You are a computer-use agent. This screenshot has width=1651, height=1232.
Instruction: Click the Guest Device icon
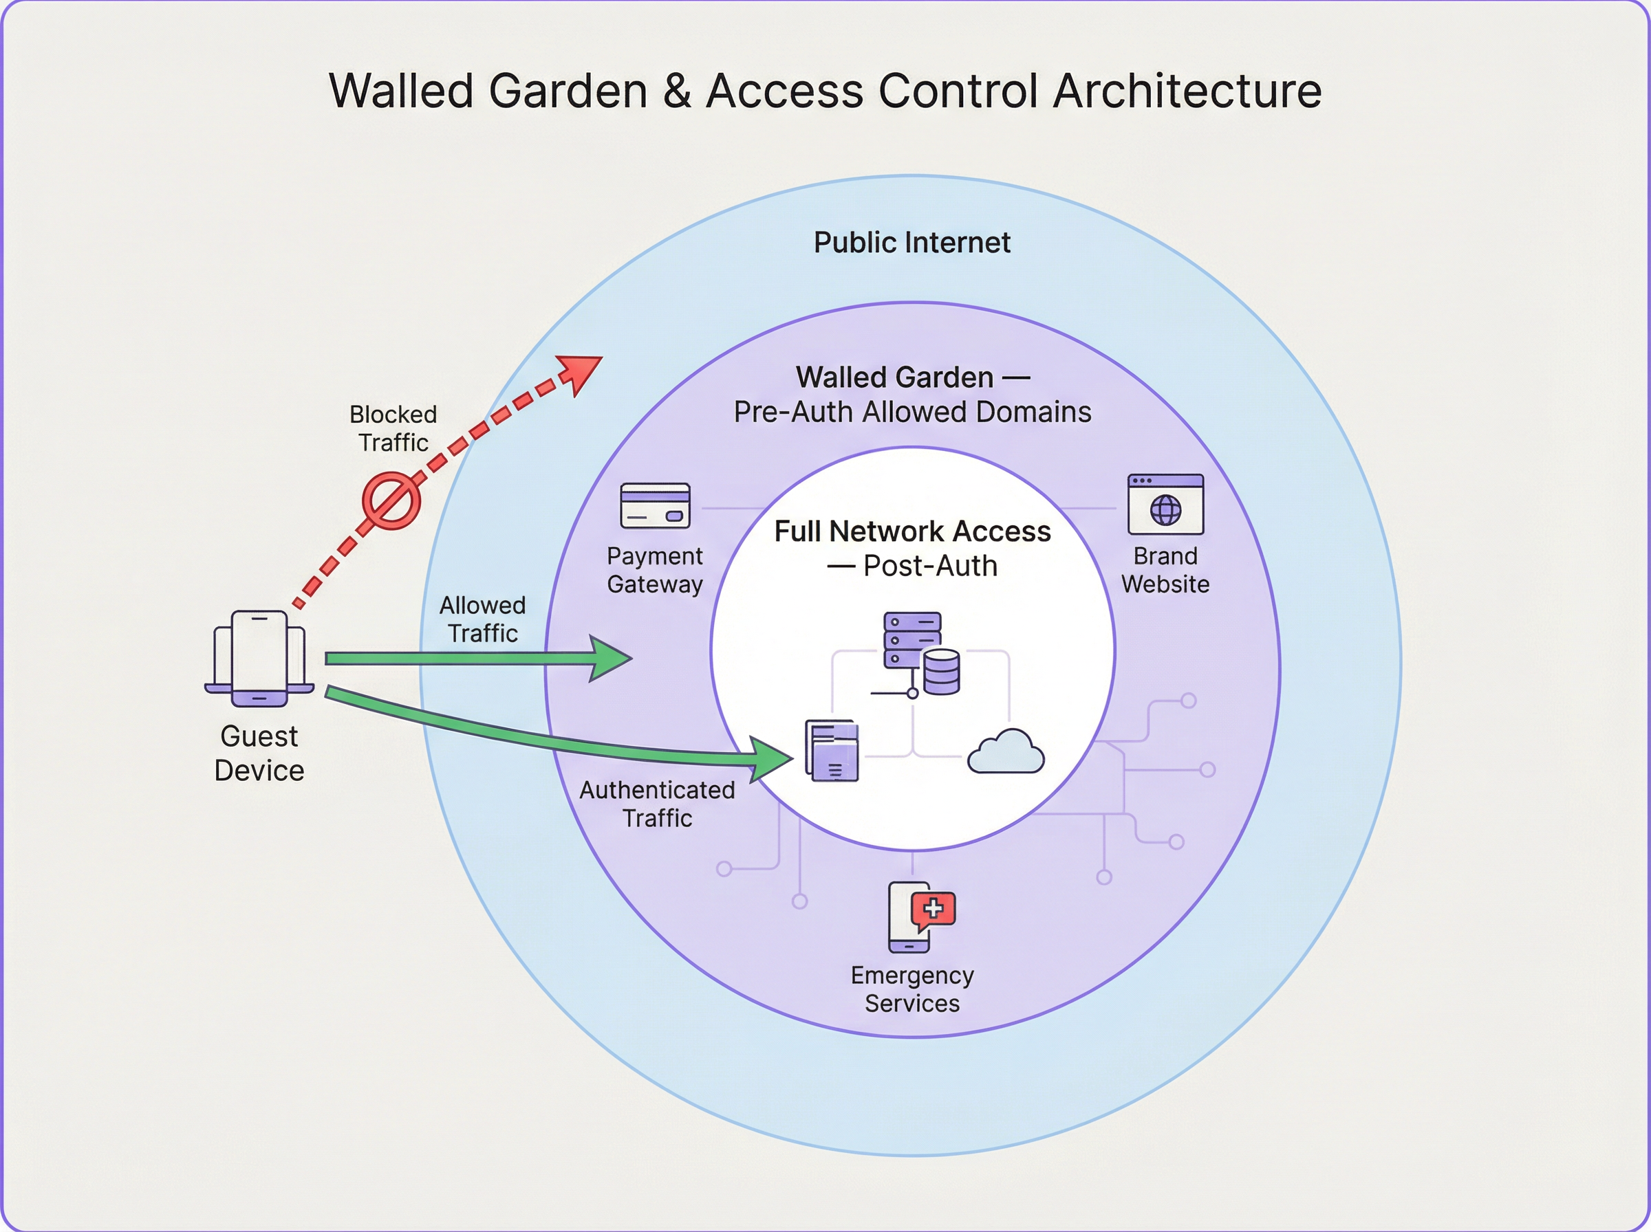[x=259, y=659]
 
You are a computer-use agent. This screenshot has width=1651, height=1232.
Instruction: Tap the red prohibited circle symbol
[x=391, y=500]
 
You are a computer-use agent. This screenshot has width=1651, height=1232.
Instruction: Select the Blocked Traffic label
[x=393, y=428]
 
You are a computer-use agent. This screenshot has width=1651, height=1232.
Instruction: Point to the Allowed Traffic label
[x=483, y=619]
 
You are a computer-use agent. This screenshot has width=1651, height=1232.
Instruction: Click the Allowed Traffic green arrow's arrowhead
[x=611, y=659]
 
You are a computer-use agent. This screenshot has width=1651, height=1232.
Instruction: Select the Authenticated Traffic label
[x=657, y=804]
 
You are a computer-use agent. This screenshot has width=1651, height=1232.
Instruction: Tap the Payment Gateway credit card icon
[x=655, y=505]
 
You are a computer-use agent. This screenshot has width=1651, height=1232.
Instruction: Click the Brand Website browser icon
[x=1165, y=504]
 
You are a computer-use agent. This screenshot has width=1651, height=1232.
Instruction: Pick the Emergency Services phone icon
[x=909, y=918]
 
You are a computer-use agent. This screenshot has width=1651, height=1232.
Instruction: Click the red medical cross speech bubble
[x=934, y=909]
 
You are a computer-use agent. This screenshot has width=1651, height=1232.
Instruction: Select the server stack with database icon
[x=920, y=653]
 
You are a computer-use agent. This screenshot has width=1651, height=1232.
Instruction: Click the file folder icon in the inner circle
[x=832, y=750]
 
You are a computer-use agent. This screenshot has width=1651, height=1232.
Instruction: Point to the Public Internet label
[x=911, y=243]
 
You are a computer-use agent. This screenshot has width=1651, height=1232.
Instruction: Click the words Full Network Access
[x=911, y=531]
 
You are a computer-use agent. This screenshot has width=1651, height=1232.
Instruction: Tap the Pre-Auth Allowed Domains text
[x=911, y=412]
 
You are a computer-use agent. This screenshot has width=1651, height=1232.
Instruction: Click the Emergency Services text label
[x=911, y=989]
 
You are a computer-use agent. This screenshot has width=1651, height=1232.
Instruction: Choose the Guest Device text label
[x=259, y=753]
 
